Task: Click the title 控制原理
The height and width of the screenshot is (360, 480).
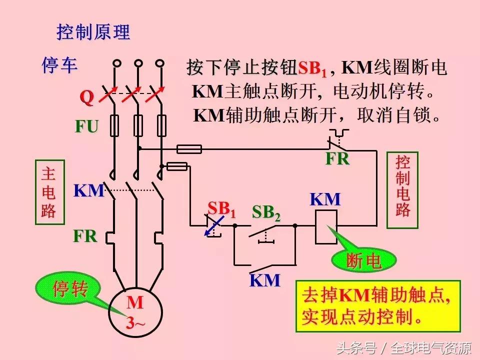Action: [93, 32]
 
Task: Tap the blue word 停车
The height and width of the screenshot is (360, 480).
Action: [59, 65]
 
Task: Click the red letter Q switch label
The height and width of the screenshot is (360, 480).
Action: [87, 98]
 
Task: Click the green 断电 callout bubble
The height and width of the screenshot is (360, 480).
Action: [364, 260]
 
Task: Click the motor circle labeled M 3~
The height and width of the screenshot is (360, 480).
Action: [135, 312]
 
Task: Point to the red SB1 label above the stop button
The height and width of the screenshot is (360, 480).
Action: [221, 208]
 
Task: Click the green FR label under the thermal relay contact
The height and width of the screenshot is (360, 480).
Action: [337, 159]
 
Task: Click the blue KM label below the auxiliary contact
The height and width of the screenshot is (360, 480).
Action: [265, 280]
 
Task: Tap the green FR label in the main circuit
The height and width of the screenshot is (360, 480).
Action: [85, 236]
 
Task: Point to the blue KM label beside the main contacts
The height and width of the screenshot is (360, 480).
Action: [89, 191]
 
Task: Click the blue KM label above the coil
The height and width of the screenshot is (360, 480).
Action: [325, 199]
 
